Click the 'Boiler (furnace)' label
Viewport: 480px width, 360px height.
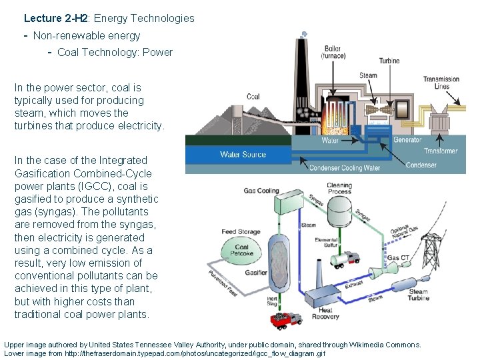333,53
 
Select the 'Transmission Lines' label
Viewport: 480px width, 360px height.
441,83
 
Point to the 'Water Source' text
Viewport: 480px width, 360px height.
243,155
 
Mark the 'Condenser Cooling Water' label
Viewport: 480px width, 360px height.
345,168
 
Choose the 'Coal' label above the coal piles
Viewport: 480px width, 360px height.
253,97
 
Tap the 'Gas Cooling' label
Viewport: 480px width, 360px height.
261,191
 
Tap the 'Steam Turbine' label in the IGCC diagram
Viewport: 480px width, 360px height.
418,295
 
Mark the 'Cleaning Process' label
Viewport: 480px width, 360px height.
339,189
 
